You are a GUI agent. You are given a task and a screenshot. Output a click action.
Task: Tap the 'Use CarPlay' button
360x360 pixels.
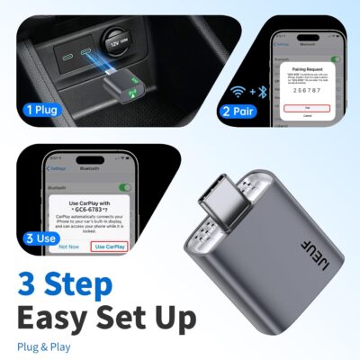coord(110,246)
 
